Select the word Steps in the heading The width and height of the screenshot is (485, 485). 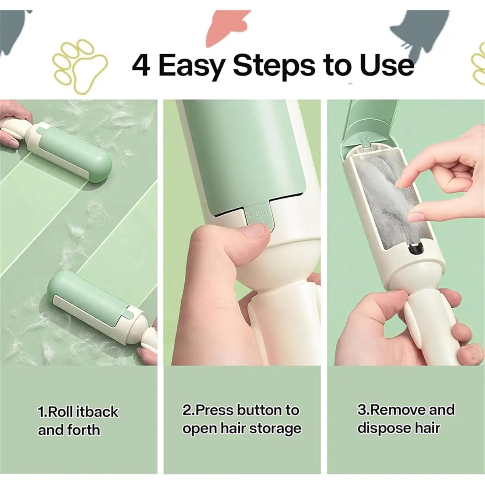tap(274, 66)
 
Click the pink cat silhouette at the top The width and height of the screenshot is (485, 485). tap(225, 28)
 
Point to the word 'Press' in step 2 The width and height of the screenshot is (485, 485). tap(215, 410)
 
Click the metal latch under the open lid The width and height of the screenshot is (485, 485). tap(365, 143)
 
